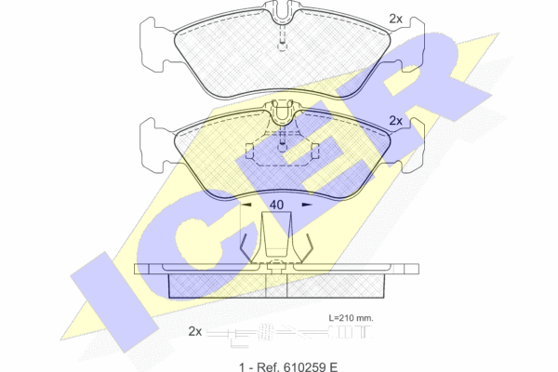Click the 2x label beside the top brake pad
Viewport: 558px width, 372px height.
(396, 19)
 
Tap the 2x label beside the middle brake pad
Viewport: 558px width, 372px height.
(396, 121)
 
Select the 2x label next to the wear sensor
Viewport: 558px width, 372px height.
(195, 332)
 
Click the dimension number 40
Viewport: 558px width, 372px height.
(276, 205)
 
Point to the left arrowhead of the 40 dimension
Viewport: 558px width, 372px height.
(246, 205)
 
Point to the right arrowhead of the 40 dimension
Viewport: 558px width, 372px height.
(307, 205)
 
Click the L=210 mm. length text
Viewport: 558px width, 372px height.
(351, 318)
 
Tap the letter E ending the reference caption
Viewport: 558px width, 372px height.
(334, 366)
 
